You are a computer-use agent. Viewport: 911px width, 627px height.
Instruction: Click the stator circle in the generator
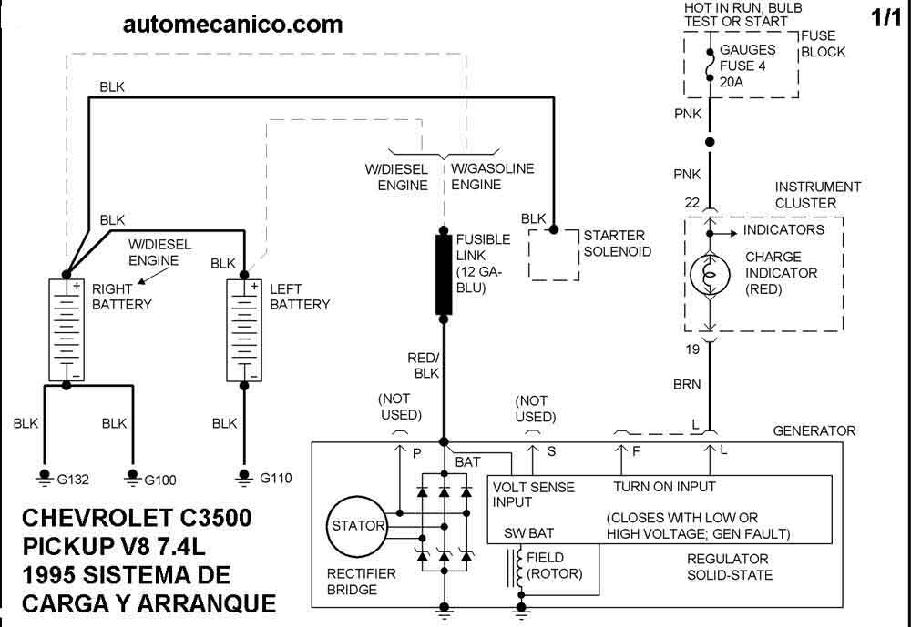356,527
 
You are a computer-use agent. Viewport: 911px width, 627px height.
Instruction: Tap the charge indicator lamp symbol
710,275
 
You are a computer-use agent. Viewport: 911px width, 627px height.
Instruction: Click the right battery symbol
67,329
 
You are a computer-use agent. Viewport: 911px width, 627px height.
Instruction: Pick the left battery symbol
244,329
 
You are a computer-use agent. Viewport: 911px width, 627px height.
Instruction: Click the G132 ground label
73,480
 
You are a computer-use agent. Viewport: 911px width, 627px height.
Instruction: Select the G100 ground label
160,480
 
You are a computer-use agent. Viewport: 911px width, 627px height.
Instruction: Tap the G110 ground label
276,479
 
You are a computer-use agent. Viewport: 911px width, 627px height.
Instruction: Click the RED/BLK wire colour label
424,366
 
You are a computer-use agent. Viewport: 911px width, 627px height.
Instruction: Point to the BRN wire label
687,384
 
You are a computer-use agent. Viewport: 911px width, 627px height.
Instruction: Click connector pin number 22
692,203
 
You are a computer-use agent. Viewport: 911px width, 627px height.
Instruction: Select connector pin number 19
692,349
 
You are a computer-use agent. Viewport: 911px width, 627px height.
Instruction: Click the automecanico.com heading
233,25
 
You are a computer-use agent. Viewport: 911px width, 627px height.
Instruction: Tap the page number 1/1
886,18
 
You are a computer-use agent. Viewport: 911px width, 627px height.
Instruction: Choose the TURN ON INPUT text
665,487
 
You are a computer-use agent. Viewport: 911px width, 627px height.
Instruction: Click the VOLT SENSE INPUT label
533,495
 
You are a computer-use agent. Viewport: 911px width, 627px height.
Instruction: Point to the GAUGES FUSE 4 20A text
747,66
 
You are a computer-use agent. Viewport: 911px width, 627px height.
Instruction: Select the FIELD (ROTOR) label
554,565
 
